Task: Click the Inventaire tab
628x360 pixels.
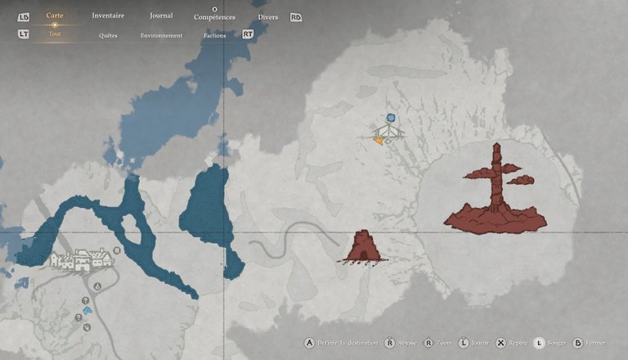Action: [x=108, y=16]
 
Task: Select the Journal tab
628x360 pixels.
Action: [x=161, y=16]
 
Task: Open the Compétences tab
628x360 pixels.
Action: [x=214, y=17]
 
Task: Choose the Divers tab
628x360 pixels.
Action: [x=267, y=17]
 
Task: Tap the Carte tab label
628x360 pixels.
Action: [x=55, y=16]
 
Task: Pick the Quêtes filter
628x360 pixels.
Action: [x=108, y=36]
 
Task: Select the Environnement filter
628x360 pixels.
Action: [x=161, y=36]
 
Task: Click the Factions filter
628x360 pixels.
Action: [x=216, y=36]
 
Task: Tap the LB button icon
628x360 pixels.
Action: [x=23, y=16]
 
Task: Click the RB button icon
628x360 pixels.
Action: [x=295, y=17]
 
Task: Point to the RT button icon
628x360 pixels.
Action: [x=248, y=35]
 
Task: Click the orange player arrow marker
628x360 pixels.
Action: [x=379, y=141]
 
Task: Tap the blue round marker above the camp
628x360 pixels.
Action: [x=391, y=118]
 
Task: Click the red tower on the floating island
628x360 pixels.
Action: [x=496, y=188]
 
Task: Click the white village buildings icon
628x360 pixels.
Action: [x=79, y=259]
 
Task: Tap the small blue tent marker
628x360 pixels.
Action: [x=87, y=311]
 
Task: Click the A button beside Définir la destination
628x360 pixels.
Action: [x=309, y=343]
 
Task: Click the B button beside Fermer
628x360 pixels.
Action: [x=578, y=343]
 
